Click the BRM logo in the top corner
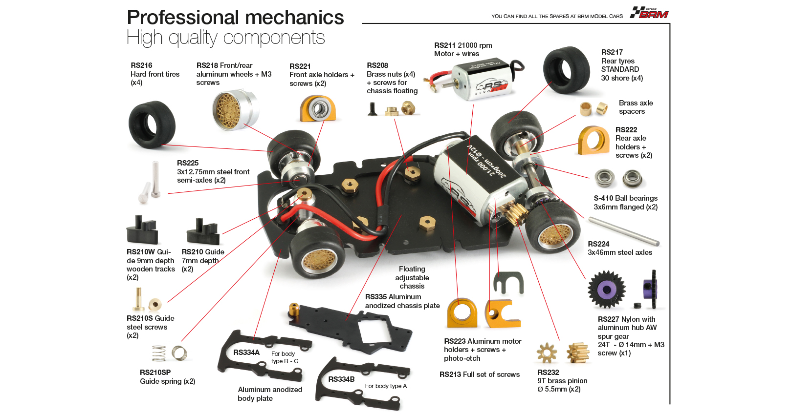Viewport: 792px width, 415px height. click(x=649, y=13)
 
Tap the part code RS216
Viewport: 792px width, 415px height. click(x=141, y=65)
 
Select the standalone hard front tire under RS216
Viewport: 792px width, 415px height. click(x=152, y=124)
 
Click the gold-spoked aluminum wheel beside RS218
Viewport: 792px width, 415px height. click(x=235, y=109)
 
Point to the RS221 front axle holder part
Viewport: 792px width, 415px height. click(x=318, y=108)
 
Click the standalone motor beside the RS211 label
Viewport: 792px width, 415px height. click(x=482, y=79)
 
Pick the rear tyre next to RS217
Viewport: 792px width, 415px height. click(x=567, y=71)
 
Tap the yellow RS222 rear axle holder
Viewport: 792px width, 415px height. click(x=594, y=140)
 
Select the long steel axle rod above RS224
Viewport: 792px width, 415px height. click(x=624, y=231)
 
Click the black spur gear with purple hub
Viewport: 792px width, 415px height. click(x=607, y=290)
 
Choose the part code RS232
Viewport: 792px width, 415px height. click(x=548, y=373)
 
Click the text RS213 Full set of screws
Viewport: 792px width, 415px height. click(x=479, y=374)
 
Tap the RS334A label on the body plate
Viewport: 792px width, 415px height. click(x=246, y=353)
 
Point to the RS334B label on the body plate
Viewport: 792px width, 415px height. click(x=341, y=379)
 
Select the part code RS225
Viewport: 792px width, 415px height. click(x=188, y=163)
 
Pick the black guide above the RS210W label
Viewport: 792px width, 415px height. click(x=143, y=231)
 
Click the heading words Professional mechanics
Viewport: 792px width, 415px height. click(x=235, y=18)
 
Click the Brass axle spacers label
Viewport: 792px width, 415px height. click(x=636, y=107)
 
